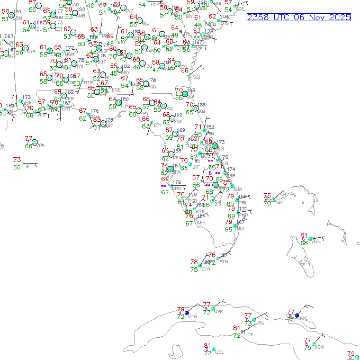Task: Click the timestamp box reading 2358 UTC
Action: coord(299,17)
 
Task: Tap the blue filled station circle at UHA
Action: coord(187,313)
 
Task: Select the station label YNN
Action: coord(317,242)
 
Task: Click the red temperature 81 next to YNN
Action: coord(304,236)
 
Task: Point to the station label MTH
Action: coord(223,262)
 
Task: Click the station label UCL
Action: coord(220,352)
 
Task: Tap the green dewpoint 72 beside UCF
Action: coord(237,335)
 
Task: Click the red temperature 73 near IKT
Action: coord(17,160)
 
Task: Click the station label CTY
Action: coord(157,125)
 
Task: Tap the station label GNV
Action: coord(178,121)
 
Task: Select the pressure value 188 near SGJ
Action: coord(202,105)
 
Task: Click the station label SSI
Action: coord(197,77)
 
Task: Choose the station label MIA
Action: coord(241,228)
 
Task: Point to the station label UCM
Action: coord(319,347)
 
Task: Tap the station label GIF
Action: coord(196,167)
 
